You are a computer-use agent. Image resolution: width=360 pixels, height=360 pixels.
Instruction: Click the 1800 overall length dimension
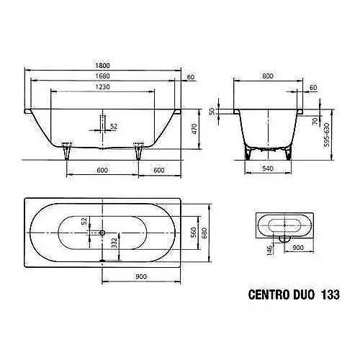pos(102,66)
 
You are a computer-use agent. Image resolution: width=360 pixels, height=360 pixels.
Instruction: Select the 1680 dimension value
pos(102,76)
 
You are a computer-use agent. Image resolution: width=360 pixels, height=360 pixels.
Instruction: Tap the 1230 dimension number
pos(102,86)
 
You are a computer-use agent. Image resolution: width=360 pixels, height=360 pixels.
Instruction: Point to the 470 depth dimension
pos(194,129)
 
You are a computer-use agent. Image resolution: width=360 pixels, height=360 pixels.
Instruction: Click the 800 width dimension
pos(268,76)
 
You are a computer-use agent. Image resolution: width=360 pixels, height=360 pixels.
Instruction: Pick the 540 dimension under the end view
pos(268,168)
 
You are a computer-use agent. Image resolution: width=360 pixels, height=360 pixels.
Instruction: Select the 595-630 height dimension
pos(327,135)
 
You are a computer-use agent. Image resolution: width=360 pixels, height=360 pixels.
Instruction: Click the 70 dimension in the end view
pos(315,121)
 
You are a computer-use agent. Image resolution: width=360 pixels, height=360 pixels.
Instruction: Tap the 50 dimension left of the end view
pos(212,112)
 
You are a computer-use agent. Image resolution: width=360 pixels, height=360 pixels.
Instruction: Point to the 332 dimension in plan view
pos(114,243)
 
